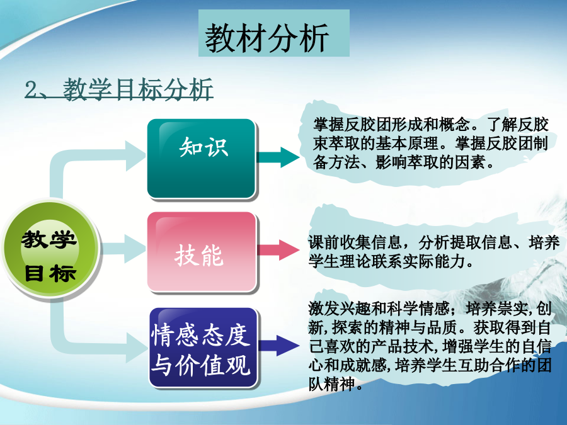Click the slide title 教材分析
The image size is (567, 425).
pos(266,38)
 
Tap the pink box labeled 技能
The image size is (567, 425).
pos(202,251)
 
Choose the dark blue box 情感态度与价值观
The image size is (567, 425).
pos(203,348)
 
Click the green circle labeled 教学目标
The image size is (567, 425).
pos(50,249)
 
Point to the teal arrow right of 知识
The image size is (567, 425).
pos(278,157)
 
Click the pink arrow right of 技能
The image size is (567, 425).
pos(278,250)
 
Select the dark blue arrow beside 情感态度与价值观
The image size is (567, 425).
pos(279,346)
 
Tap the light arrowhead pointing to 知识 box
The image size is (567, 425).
pos(135,156)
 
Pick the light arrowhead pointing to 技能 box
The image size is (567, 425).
pos(135,248)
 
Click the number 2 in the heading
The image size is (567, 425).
pos(31,89)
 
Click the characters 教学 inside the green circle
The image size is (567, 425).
pos(49,239)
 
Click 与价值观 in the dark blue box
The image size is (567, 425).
pos(201,365)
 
